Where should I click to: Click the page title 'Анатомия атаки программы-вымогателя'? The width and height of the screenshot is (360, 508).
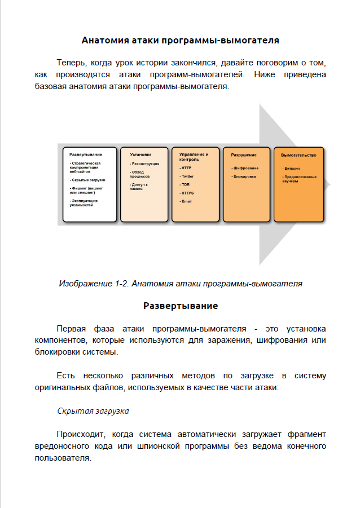[180, 41]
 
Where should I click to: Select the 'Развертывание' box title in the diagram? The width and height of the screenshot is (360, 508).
[86, 154]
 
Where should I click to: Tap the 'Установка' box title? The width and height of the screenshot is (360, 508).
[141, 154]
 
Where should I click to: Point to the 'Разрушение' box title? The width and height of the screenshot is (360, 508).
[244, 154]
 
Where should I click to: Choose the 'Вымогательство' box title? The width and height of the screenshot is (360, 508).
[298, 154]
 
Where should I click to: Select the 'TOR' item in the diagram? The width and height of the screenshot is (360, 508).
[186, 184]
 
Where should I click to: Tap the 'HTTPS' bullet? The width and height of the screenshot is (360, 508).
[187, 193]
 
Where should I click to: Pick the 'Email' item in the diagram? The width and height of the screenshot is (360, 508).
[187, 201]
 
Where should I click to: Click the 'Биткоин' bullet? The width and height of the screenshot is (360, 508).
[292, 168]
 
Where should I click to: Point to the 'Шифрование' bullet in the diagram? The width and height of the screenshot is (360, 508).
[245, 168]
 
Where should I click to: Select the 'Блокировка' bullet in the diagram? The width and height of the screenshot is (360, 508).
[244, 176]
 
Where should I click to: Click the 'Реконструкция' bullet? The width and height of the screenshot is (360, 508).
[145, 164]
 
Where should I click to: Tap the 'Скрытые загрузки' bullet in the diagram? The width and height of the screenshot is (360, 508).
[88, 179]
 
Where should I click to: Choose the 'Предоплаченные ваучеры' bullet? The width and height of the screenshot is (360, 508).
[299, 179]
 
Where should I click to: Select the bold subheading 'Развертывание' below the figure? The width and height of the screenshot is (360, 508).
[180, 306]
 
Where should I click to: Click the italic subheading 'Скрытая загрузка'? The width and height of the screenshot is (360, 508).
[93, 411]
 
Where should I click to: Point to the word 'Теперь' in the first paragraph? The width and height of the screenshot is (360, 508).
[72, 61]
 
